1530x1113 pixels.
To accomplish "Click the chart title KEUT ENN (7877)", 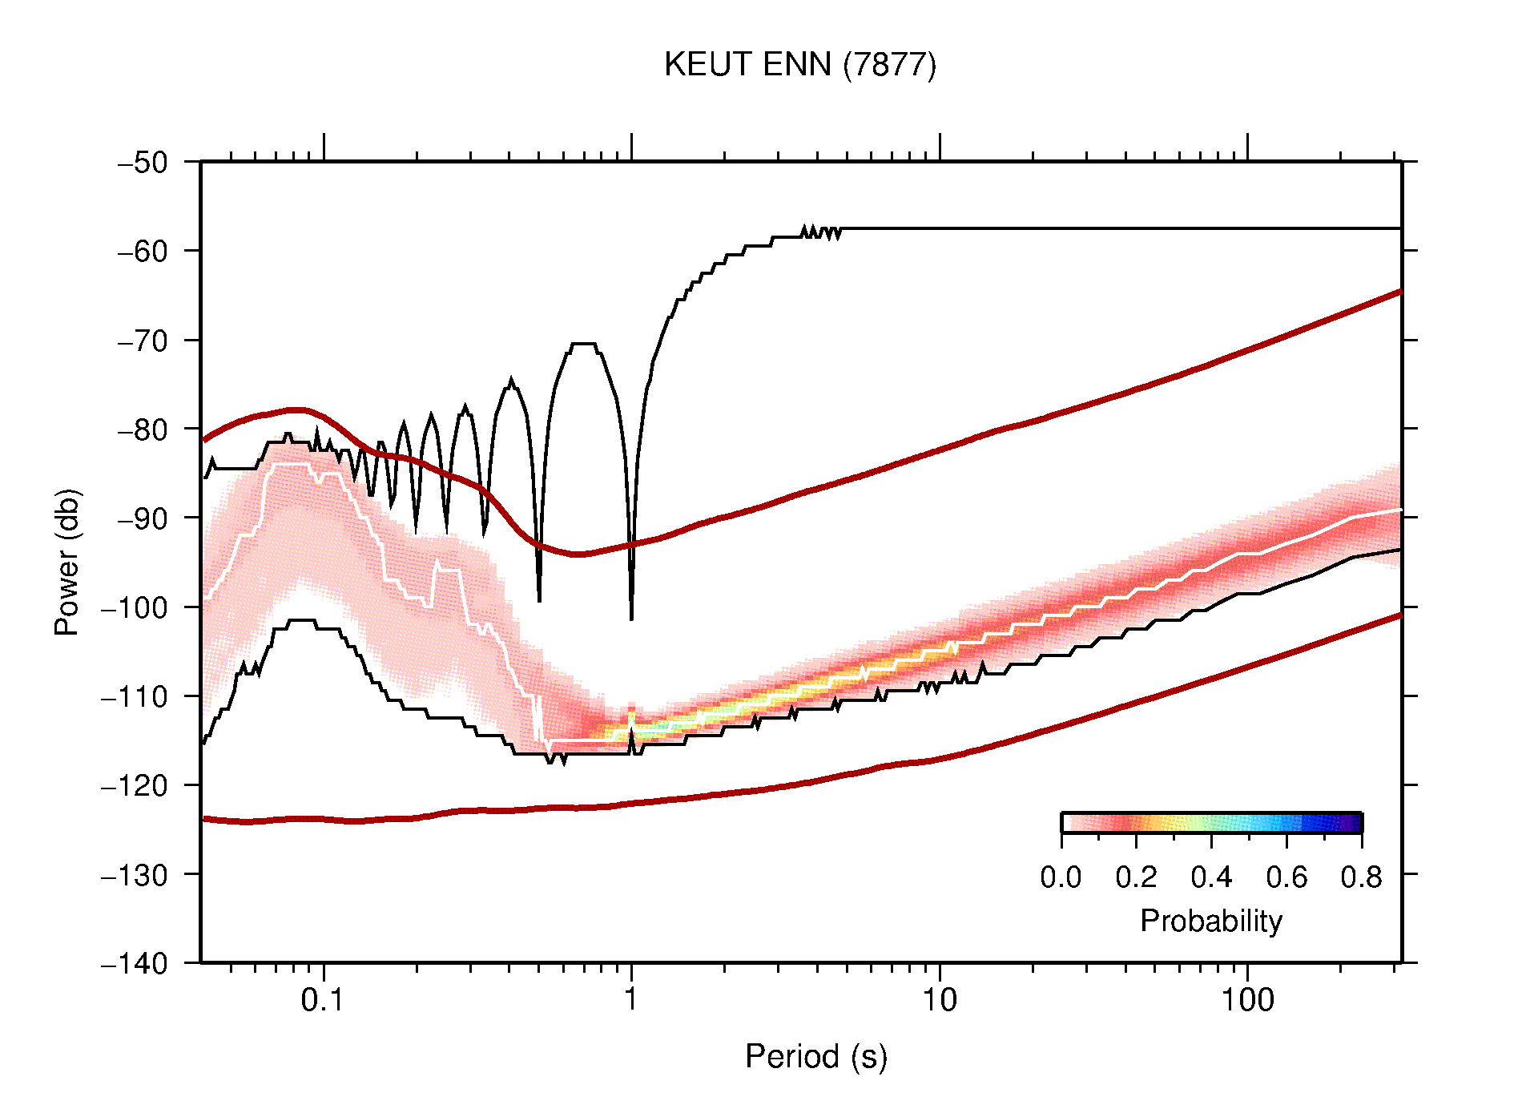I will (799, 65).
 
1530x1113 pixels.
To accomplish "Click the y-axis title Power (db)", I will (67, 562).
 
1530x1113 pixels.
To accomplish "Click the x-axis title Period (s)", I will (815, 1057).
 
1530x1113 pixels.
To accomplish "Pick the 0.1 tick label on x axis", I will (323, 1000).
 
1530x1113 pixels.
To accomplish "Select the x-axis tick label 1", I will (631, 1000).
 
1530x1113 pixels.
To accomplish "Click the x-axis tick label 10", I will (939, 1000).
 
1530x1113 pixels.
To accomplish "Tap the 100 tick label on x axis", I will (1246, 1000).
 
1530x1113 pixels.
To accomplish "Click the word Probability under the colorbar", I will (1210, 921).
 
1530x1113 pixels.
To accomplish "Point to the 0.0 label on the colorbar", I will (1061, 877).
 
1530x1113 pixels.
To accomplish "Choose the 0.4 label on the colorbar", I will (1211, 877).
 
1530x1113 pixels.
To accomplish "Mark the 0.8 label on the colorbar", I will (1361, 877).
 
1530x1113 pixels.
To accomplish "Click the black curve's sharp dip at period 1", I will (631, 617).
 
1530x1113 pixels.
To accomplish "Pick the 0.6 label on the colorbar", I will (1286, 877).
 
